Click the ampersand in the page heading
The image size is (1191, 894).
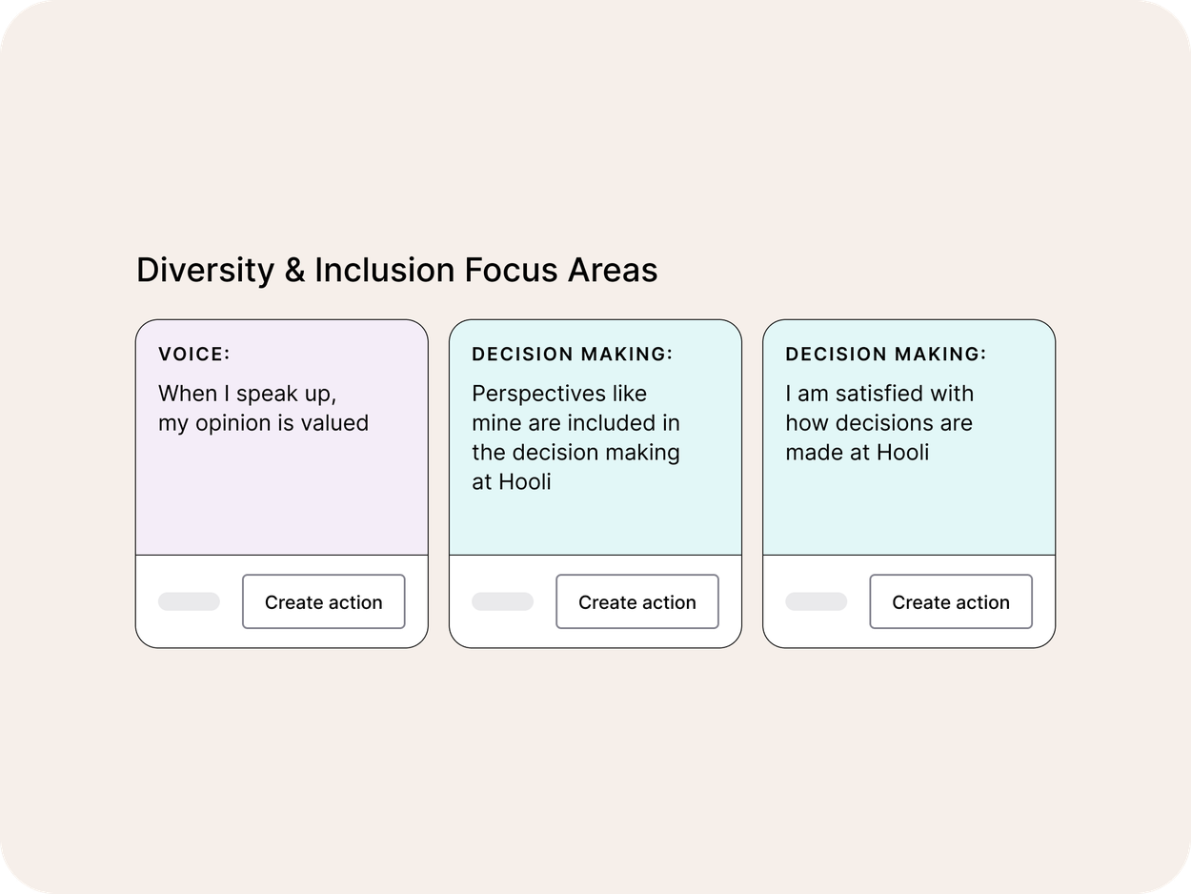(x=294, y=271)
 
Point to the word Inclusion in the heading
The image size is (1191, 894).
(x=385, y=271)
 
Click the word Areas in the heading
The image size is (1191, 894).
(x=613, y=271)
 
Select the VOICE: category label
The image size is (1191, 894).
(x=194, y=355)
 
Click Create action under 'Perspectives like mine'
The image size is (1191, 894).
(x=636, y=602)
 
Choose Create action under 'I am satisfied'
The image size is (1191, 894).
(x=950, y=602)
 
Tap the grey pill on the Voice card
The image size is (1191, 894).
(x=189, y=602)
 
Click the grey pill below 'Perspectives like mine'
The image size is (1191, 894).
(x=502, y=602)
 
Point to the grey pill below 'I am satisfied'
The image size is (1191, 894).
(x=816, y=602)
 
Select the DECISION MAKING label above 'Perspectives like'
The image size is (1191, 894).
(x=572, y=355)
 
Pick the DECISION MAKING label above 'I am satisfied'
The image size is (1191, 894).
(x=885, y=355)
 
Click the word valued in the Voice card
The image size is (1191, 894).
(x=333, y=423)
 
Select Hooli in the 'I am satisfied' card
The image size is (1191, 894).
(x=901, y=452)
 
